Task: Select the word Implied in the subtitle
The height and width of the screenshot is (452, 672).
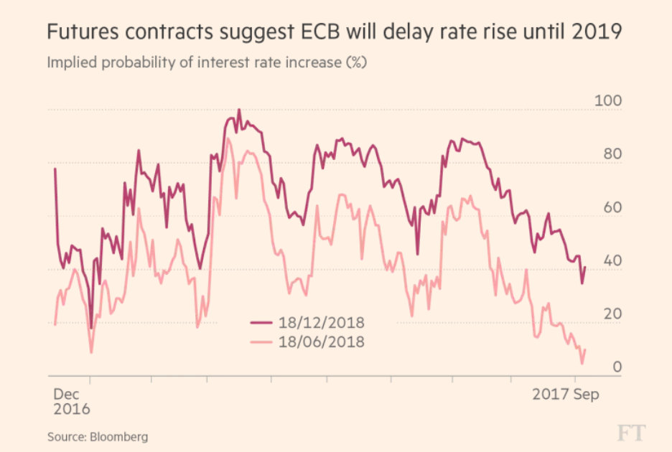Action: tap(72, 62)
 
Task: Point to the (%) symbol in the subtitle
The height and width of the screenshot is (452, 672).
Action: tap(357, 62)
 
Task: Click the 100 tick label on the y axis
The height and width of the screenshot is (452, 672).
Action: tap(607, 100)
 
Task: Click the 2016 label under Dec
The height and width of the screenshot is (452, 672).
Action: tap(72, 410)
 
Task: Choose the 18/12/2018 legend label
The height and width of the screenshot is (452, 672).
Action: tap(322, 323)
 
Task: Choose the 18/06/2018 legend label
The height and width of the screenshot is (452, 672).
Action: tap(322, 342)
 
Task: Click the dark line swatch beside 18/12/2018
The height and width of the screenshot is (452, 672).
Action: tap(264, 323)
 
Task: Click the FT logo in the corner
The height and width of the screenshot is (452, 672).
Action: tap(631, 433)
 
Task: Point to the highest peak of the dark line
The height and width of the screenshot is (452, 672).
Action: tap(238, 110)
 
